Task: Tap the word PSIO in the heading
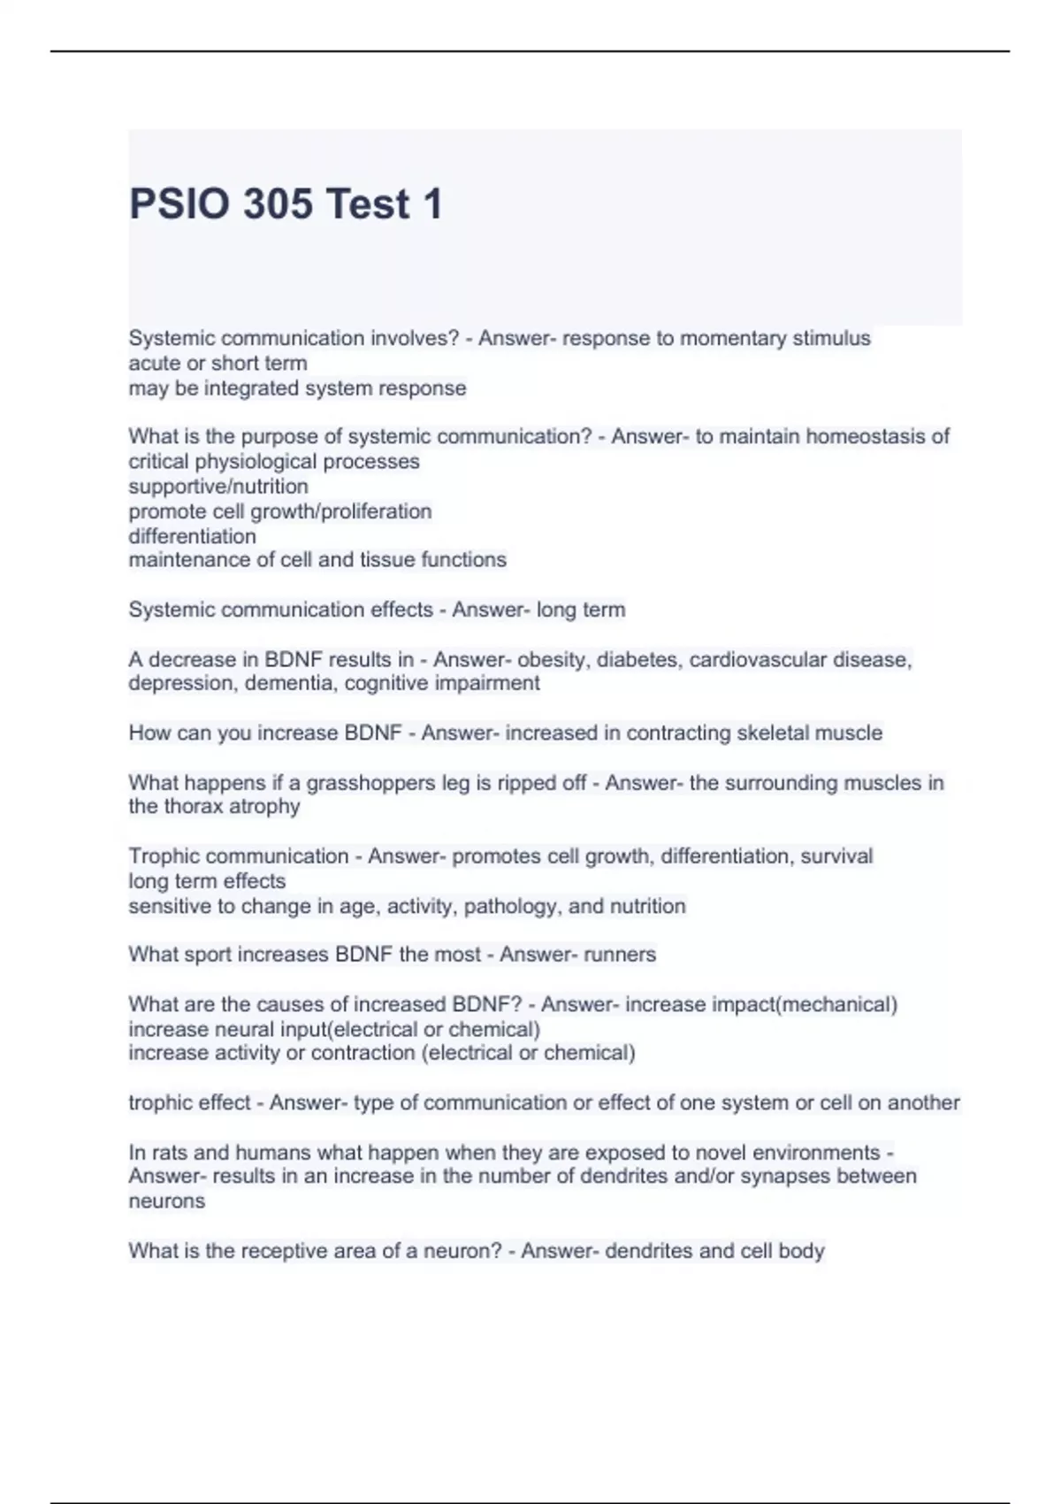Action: click(x=179, y=204)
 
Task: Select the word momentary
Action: click(x=732, y=338)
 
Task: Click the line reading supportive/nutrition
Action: click(x=218, y=487)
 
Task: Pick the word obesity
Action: click(x=554, y=659)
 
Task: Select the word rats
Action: click(x=169, y=1153)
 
